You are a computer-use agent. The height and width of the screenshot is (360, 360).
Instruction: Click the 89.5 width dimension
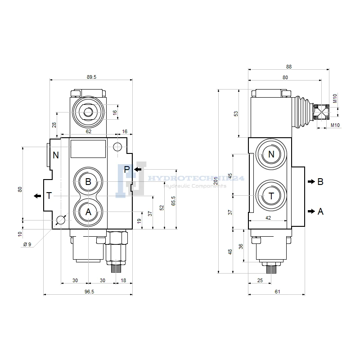point(91,77)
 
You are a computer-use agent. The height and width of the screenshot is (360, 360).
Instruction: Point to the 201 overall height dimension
point(216,180)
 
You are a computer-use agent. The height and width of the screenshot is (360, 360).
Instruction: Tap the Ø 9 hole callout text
point(27,244)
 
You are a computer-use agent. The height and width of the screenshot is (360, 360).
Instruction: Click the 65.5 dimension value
point(173,199)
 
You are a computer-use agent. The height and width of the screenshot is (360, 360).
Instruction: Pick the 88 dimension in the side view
point(289,67)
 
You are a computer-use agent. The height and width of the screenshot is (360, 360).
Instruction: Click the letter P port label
point(127,169)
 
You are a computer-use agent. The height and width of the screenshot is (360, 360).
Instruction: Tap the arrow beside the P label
point(138,169)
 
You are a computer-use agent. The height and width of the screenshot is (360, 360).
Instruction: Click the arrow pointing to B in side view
point(311,182)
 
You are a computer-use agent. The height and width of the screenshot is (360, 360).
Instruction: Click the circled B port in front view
point(88,182)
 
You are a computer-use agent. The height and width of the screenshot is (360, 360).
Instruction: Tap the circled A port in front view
point(88,212)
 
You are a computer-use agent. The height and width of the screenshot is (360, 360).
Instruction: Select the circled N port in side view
point(271,155)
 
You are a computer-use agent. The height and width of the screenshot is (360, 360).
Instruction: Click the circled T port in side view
point(271,196)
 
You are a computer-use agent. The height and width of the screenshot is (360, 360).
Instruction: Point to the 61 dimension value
point(277,292)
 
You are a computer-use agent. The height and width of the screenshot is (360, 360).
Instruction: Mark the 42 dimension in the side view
point(269,218)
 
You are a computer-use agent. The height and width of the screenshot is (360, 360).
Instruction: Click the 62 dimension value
point(89,131)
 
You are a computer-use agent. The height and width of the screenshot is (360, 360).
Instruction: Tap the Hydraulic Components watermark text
point(195,186)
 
